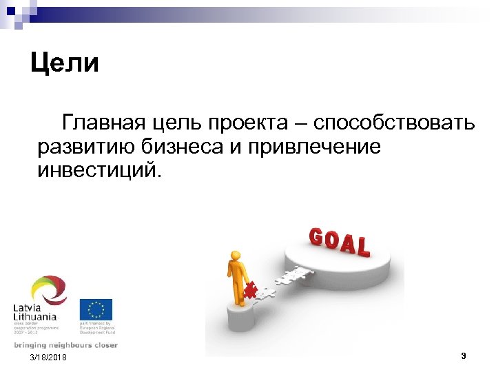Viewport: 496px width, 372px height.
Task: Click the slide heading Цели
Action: [65, 63]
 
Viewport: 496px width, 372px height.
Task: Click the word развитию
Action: [85, 147]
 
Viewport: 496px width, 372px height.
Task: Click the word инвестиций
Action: [99, 169]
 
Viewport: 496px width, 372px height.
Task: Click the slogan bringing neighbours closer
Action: [65, 344]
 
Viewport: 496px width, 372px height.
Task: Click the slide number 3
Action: [464, 356]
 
